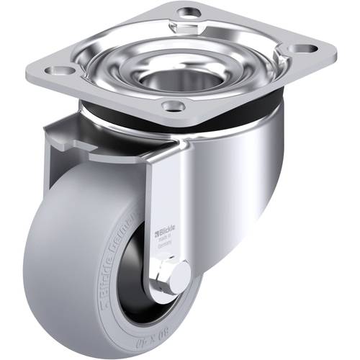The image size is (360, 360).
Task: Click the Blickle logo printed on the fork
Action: pyautogui.click(x=166, y=232)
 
